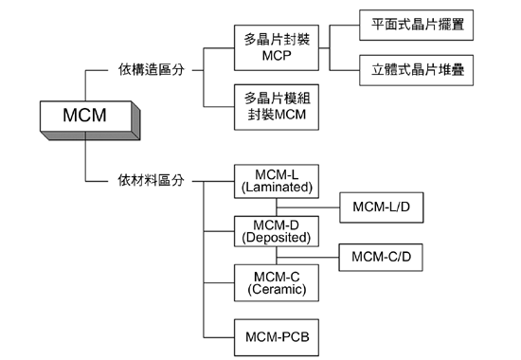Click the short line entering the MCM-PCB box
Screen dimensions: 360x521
tap(218, 334)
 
